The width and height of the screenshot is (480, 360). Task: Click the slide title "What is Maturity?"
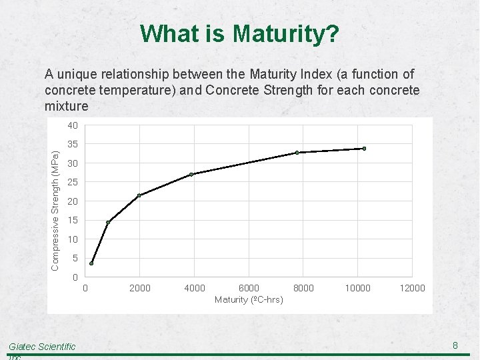pyautogui.click(x=240, y=33)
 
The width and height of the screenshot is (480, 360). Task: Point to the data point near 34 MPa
pyautogui.click(x=364, y=148)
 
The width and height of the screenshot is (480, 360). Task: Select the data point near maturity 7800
pyautogui.click(x=297, y=153)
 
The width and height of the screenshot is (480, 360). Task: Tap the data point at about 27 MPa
pyautogui.click(x=191, y=175)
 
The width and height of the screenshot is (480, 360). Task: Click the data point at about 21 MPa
pyautogui.click(x=139, y=195)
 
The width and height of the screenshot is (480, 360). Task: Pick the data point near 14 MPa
pyautogui.click(x=108, y=222)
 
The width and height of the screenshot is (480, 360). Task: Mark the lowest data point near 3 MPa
pyautogui.click(x=91, y=263)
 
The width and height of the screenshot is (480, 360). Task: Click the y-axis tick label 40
pyautogui.click(x=73, y=125)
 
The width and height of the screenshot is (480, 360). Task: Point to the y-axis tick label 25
pyautogui.click(x=73, y=182)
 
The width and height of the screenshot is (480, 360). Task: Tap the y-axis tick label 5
pyautogui.click(x=75, y=258)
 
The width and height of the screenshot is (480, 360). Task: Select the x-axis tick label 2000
pyautogui.click(x=139, y=288)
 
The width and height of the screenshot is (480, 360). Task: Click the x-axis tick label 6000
pyautogui.click(x=249, y=288)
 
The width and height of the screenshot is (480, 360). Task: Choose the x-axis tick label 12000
pyautogui.click(x=412, y=288)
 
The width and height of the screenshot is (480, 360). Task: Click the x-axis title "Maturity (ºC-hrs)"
pyautogui.click(x=249, y=300)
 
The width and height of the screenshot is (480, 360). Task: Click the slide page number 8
pyautogui.click(x=455, y=345)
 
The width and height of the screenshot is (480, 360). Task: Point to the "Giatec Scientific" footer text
pyautogui.click(x=42, y=346)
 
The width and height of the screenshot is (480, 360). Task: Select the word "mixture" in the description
pyautogui.click(x=66, y=106)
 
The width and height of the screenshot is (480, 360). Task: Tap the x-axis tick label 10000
pyautogui.click(x=357, y=288)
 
